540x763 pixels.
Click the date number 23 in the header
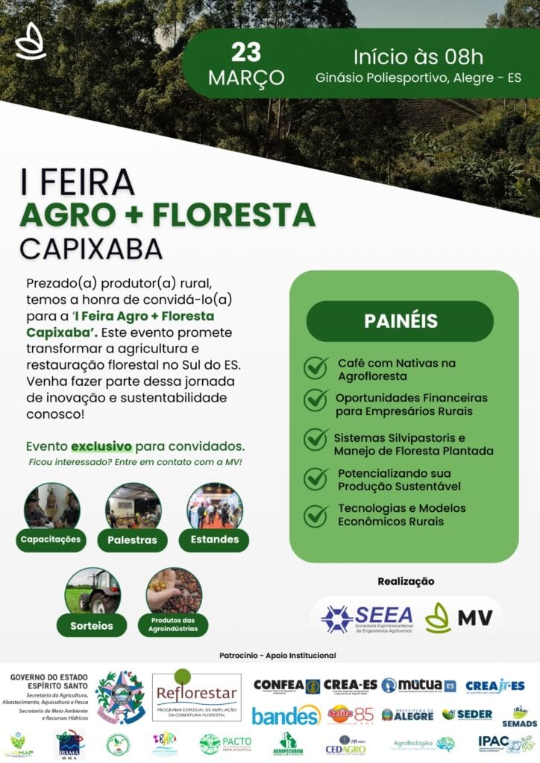tap(245, 52)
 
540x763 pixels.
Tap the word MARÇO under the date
tap(246, 77)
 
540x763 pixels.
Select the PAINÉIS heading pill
tap(400, 321)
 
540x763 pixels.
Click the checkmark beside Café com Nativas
tap(316, 368)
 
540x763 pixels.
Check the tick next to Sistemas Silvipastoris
tap(316, 439)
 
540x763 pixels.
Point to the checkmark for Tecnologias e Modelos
tap(316, 514)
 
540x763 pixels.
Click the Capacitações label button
tap(51, 539)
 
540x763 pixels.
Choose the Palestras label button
tap(132, 539)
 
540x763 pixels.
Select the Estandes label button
tap(214, 539)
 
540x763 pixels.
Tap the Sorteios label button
tap(92, 625)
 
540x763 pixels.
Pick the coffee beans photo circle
tap(174, 591)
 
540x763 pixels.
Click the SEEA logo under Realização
tap(366, 618)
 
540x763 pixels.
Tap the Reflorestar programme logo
tap(196, 696)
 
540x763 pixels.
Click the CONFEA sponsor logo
tap(286, 686)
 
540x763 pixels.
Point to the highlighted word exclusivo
tap(101, 446)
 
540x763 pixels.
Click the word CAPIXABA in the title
tap(90, 248)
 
